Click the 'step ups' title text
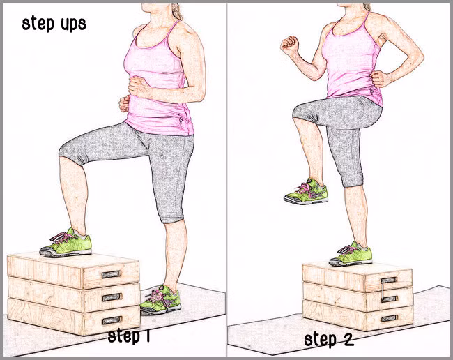coord(54,24)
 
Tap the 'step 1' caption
coord(128,336)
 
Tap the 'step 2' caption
coord(329,339)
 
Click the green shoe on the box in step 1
coord(66,243)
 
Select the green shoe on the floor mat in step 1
coord(160,300)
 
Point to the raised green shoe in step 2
coord(306,192)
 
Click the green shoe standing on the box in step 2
coord(351,255)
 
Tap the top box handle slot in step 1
coord(112,274)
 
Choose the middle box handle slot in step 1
coord(112,297)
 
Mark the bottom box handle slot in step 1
coord(112,320)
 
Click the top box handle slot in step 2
coord(389,280)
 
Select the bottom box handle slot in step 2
coord(389,319)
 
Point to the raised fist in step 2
coord(289,45)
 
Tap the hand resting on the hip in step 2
coord(380,80)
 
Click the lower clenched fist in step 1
coord(125,104)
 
